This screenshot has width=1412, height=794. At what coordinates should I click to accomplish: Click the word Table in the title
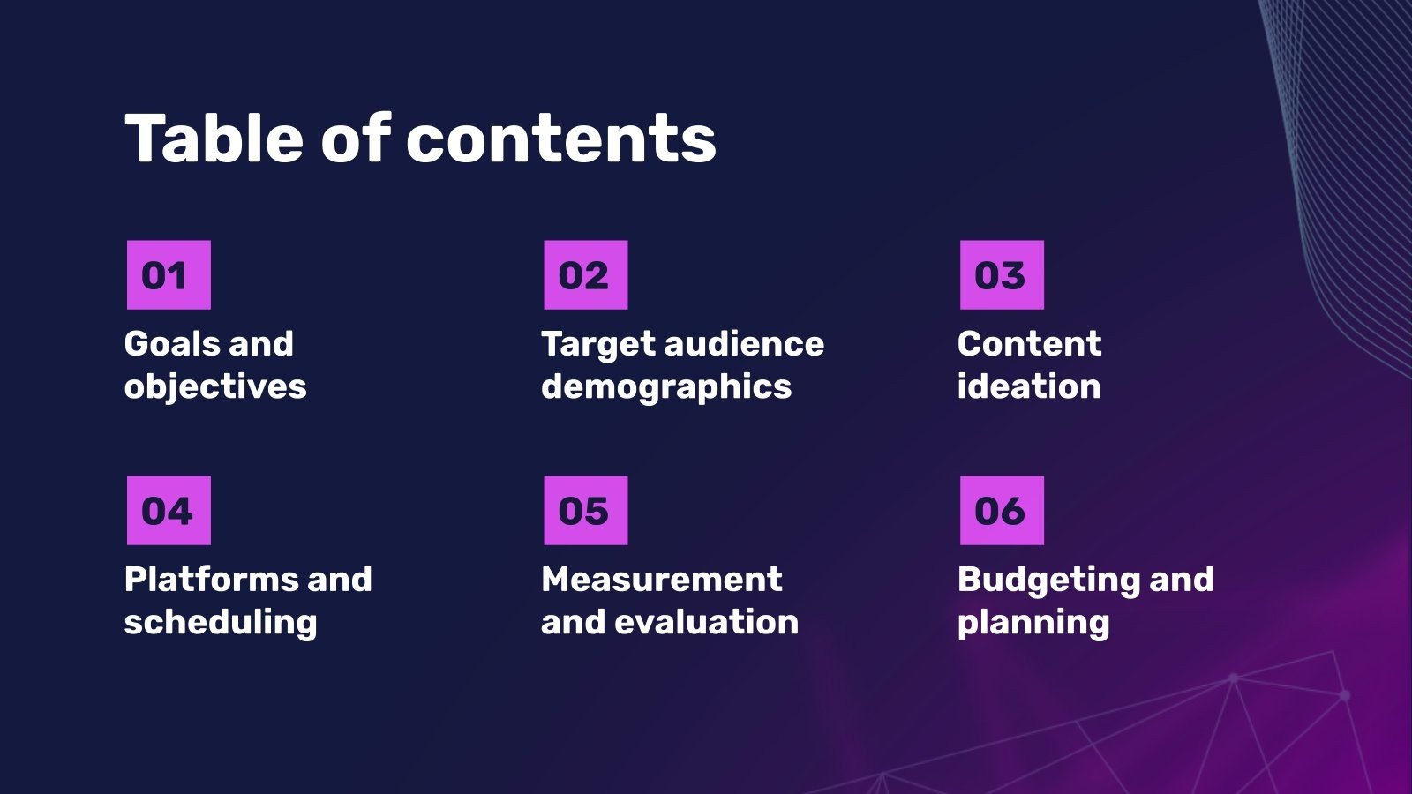click(213, 139)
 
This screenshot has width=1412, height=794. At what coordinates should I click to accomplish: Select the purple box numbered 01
click(169, 275)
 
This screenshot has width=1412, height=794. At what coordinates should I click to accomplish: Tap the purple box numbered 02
click(585, 275)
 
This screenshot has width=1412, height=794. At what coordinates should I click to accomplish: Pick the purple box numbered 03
click(1002, 275)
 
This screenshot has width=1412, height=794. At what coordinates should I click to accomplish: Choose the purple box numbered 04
click(169, 511)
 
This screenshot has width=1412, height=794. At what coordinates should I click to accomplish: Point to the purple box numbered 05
click(585, 511)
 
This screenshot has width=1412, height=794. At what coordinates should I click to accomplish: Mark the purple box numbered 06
click(1002, 511)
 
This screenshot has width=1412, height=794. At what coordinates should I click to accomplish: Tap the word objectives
click(215, 387)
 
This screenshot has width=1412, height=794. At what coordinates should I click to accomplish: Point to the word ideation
click(1029, 387)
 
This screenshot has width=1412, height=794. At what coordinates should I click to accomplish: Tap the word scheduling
click(221, 623)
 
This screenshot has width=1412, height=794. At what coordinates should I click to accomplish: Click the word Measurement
click(662, 580)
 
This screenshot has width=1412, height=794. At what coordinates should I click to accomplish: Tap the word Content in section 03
click(1029, 344)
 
